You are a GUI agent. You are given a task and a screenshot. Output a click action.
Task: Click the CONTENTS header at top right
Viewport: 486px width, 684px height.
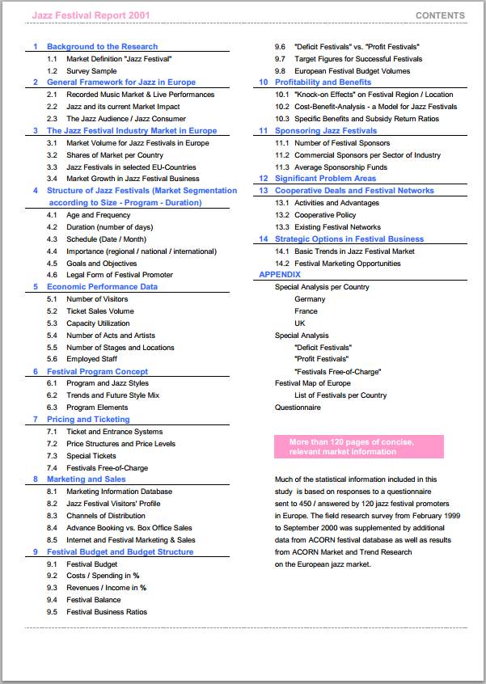coord(440,15)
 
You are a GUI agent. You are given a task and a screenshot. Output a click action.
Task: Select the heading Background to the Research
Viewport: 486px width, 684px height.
coord(102,47)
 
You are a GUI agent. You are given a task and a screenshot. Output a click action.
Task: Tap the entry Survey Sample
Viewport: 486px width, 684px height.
coord(91,71)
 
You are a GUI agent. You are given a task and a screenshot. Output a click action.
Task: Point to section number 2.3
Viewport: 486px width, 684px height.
coord(52,119)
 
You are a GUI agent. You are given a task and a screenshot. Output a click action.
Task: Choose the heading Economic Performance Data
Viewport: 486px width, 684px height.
coord(102,287)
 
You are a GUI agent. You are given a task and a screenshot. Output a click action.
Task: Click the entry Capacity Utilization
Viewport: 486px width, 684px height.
coord(98,323)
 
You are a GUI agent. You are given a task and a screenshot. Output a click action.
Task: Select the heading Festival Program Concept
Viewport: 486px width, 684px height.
coord(97,372)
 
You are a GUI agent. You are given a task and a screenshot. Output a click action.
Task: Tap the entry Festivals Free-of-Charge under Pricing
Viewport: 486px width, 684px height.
coord(107,468)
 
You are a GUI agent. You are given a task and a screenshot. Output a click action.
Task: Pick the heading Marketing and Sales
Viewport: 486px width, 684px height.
coord(86,479)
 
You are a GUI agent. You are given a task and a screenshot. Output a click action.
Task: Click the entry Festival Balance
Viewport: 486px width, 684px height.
coord(93,600)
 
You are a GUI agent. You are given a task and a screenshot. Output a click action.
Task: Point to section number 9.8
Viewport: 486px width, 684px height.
coord(280,71)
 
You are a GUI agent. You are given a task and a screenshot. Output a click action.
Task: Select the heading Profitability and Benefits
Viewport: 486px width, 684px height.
coord(323,82)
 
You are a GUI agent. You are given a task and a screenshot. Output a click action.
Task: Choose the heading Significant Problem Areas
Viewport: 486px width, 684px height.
coord(325,179)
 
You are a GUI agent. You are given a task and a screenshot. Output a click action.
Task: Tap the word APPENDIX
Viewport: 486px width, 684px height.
coord(280,275)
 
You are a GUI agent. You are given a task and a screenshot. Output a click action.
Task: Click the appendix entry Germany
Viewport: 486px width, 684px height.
coord(310,299)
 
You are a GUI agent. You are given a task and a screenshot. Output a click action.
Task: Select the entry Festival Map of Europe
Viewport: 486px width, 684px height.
coord(313,383)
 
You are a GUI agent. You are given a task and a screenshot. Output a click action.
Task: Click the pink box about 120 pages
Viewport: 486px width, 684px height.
coord(359,446)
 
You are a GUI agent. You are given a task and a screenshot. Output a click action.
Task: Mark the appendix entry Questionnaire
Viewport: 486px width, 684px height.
coord(298,407)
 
